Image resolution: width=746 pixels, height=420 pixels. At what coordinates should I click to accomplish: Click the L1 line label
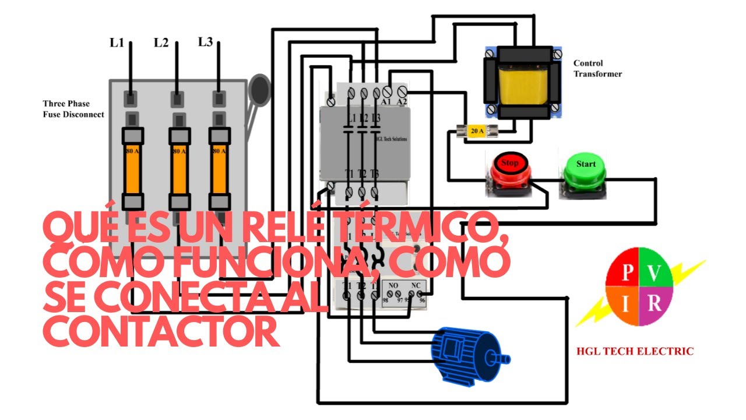[117, 43]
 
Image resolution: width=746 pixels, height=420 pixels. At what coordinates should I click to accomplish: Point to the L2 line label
[161, 43]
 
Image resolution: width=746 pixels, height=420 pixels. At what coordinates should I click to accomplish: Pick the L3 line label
[205, 42]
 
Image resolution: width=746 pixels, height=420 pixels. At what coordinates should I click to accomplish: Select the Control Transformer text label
[597, 68]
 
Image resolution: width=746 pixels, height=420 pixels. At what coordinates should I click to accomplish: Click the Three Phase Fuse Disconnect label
[73, 109]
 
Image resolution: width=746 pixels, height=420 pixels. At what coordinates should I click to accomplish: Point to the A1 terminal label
[386, 103]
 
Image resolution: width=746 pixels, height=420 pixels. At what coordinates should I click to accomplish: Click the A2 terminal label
[402, 103]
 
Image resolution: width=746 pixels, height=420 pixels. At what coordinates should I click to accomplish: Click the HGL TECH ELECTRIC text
[635, 351]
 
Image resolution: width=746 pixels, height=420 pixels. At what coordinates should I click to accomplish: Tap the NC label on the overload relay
[416, 286]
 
